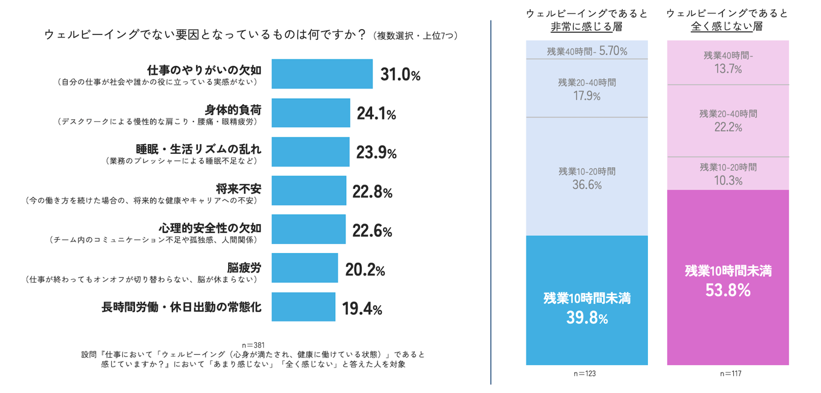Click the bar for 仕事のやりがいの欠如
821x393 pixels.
(322, 74)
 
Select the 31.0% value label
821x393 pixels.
(400, 75)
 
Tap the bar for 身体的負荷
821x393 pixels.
(310, 113)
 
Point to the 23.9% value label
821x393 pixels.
(376, 153)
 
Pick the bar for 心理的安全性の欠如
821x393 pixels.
(309, 229)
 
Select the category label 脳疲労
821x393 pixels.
(244, 267)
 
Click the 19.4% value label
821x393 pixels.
(362, 309)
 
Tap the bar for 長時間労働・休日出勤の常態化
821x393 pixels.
(303, 306)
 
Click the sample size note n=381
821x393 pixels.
(253, 345)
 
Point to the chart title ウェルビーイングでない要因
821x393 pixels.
(206, 35)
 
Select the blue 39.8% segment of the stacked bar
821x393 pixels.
(586, 300)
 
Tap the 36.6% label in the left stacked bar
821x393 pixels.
(586, 185)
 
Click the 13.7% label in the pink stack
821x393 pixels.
(728, 68)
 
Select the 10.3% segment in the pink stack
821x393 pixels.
(728, 174)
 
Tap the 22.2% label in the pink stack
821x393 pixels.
(728, 127)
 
